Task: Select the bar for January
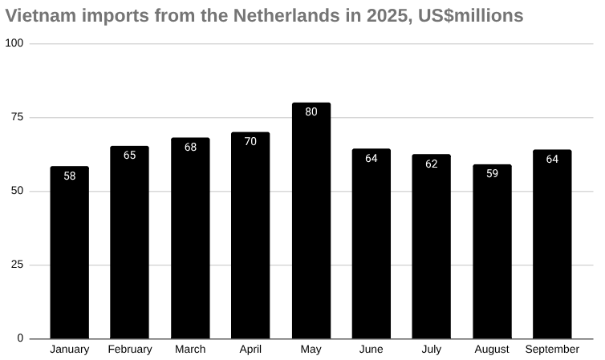pos(69,253)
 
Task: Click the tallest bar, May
pos(311,220)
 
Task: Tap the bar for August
pos(492,252)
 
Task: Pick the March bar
pos(190,238)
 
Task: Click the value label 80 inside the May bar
pos(311,112)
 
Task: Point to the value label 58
pos(69,176)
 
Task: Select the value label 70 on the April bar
pos(250,142)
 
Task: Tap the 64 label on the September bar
pos(552,159)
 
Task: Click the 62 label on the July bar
pos(432,164)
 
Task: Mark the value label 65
pos(129,155)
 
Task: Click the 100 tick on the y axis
pos(14,43)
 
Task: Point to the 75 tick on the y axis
pos(16,117)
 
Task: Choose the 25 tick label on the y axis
pos(16,265)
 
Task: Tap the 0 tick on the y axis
pos(20,338)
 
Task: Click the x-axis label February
pos(129,350)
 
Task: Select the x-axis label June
pos(372,350)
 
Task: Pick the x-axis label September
pos(552,350)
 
